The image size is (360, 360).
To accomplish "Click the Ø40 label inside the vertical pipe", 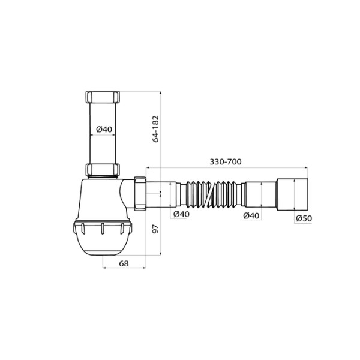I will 104,129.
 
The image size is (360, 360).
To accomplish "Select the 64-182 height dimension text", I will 156,128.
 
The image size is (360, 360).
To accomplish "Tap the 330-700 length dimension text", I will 226,161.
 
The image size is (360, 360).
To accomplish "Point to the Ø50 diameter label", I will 304,218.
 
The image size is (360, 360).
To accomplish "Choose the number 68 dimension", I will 124,263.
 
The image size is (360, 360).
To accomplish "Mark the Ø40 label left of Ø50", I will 252,215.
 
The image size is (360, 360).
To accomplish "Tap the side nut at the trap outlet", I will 141,194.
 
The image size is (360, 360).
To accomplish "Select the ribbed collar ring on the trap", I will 102,228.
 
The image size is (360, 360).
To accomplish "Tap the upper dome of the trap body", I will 99,198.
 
